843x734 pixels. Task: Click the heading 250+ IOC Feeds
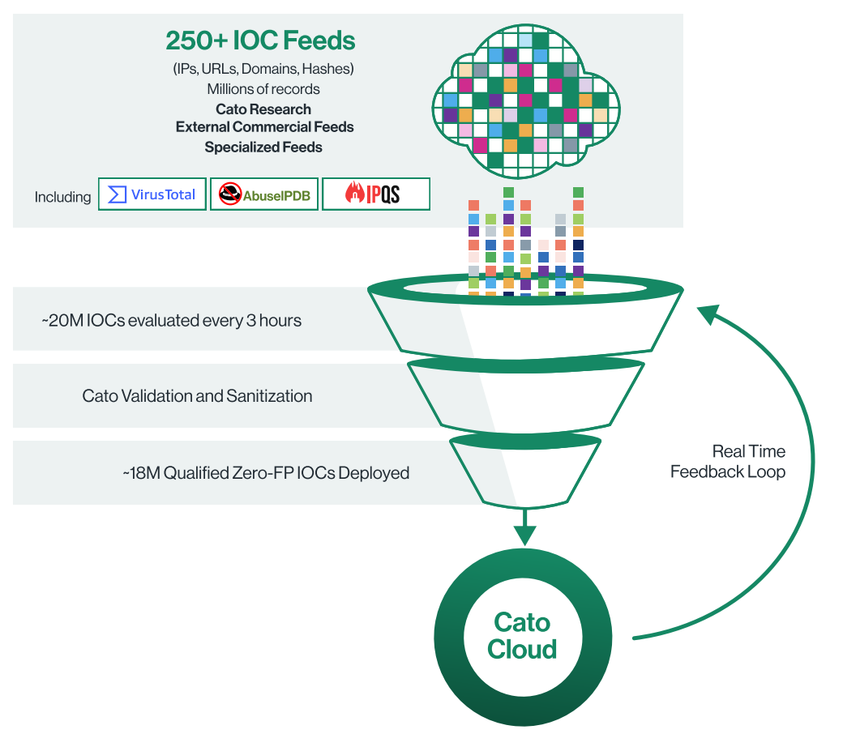(x=260, y=41)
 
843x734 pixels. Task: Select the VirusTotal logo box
(x=152, y=194)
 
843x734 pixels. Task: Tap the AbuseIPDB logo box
(x=264, y=195)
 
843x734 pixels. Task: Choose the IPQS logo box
(x=375, y=194)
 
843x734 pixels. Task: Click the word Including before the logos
(x=62, y=197)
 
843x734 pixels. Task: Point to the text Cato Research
(x=263, y=109)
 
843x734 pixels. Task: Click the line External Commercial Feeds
(x=264, y=127)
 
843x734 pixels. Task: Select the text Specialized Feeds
(x=263, y=147)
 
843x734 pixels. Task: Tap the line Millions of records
(x=263, y=89)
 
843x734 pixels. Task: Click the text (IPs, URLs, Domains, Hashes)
(x=263, y=69)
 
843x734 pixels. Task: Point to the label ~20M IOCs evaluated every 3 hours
(x=171, y=320)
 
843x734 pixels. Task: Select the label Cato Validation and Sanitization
(x=197, y=396)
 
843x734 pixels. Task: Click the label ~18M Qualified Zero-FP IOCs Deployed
(x=265, y=472)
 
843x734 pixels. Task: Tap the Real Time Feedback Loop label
(x=727, y=462)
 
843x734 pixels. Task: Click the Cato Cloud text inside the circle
(x=523, y=636)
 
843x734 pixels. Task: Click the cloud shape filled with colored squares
(x=525, y=101)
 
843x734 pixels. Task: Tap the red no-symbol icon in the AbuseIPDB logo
(x=231, y=195)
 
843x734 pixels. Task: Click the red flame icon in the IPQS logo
(x=353, y=194)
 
